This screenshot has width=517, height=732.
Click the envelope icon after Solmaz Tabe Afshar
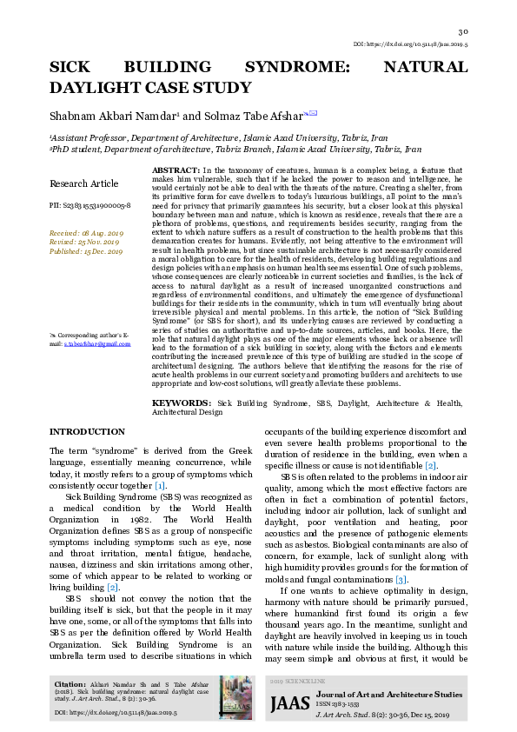313,113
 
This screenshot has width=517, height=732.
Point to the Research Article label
83,183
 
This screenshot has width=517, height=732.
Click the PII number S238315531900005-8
89,205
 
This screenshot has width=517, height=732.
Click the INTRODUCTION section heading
87,432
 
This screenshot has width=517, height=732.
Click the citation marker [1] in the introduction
160,484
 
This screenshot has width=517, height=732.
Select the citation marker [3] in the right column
401,579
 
